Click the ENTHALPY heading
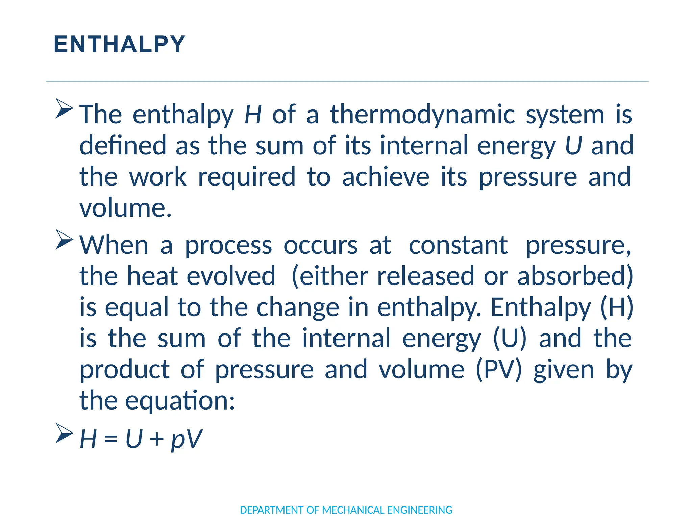pos(120,44)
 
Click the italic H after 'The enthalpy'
pos(253,114)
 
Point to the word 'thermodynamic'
pos(422,115)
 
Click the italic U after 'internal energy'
pos(573,145)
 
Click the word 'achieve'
pos(386,177)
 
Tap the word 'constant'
pos(458,245)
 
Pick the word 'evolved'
pos(231,276)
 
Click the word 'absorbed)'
pos(575,276)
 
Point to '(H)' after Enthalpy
pos(616,307)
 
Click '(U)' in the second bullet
pos(510,338)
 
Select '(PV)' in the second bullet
pos(499,369)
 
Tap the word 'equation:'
pos(180,401)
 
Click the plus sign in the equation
pos(156,439)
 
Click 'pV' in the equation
pos(186,439)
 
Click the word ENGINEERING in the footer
pos(420,510)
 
